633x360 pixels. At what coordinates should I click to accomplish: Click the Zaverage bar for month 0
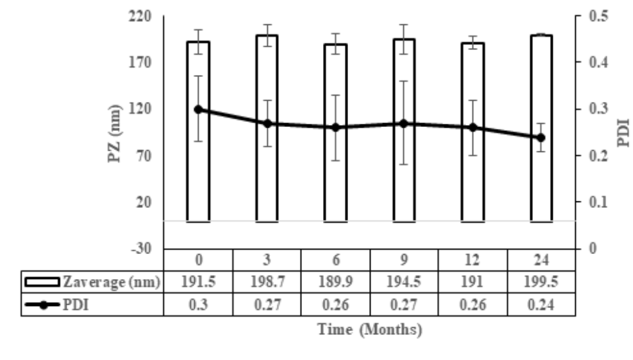[x=198, y=132]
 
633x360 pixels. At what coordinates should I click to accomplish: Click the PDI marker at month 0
[x=198, y=109]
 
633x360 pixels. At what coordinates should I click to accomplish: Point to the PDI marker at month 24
[x=541, y=138]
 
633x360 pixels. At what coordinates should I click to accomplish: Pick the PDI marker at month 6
[x=336, y=127]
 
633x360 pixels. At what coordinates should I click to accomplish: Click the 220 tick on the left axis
[x=139, y=16]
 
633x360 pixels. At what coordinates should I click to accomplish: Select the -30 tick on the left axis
[x=139, y=249]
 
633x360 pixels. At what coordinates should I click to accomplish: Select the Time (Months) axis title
[x=370, y=330]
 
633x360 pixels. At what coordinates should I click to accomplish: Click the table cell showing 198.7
[x=266, y=283]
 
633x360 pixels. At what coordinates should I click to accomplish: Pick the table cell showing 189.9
[x=336, y=283]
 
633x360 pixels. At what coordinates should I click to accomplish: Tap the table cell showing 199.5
[x=541, y=283]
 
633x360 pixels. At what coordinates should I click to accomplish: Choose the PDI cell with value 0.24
[x=541, y=305]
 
